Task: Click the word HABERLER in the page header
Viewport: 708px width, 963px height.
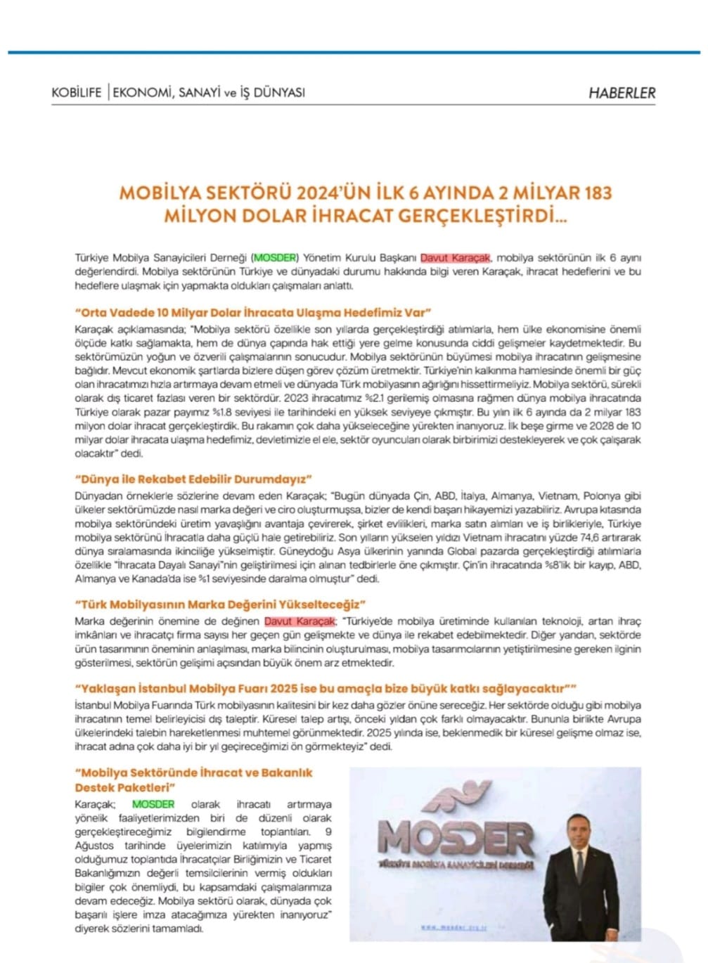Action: (622, 92)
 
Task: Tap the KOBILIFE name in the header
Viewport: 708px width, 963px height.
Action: (77, 92)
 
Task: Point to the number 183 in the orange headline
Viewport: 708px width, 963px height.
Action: (596, 193)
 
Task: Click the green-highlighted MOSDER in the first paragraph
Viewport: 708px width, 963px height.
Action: (276, 257)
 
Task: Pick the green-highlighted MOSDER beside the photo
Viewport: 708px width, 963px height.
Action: (153, 804)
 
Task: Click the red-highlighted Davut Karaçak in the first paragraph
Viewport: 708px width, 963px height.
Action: (456, 257)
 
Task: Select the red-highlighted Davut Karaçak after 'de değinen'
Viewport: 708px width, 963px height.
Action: (300, 621)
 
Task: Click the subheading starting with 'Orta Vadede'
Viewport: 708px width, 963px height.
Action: (252, 312)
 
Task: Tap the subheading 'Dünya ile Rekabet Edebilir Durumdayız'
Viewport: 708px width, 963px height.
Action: (193, 479)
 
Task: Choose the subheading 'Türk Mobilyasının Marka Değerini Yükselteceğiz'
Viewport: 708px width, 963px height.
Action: (221, 604)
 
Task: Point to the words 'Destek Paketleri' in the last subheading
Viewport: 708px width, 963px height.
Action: (125, 787)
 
